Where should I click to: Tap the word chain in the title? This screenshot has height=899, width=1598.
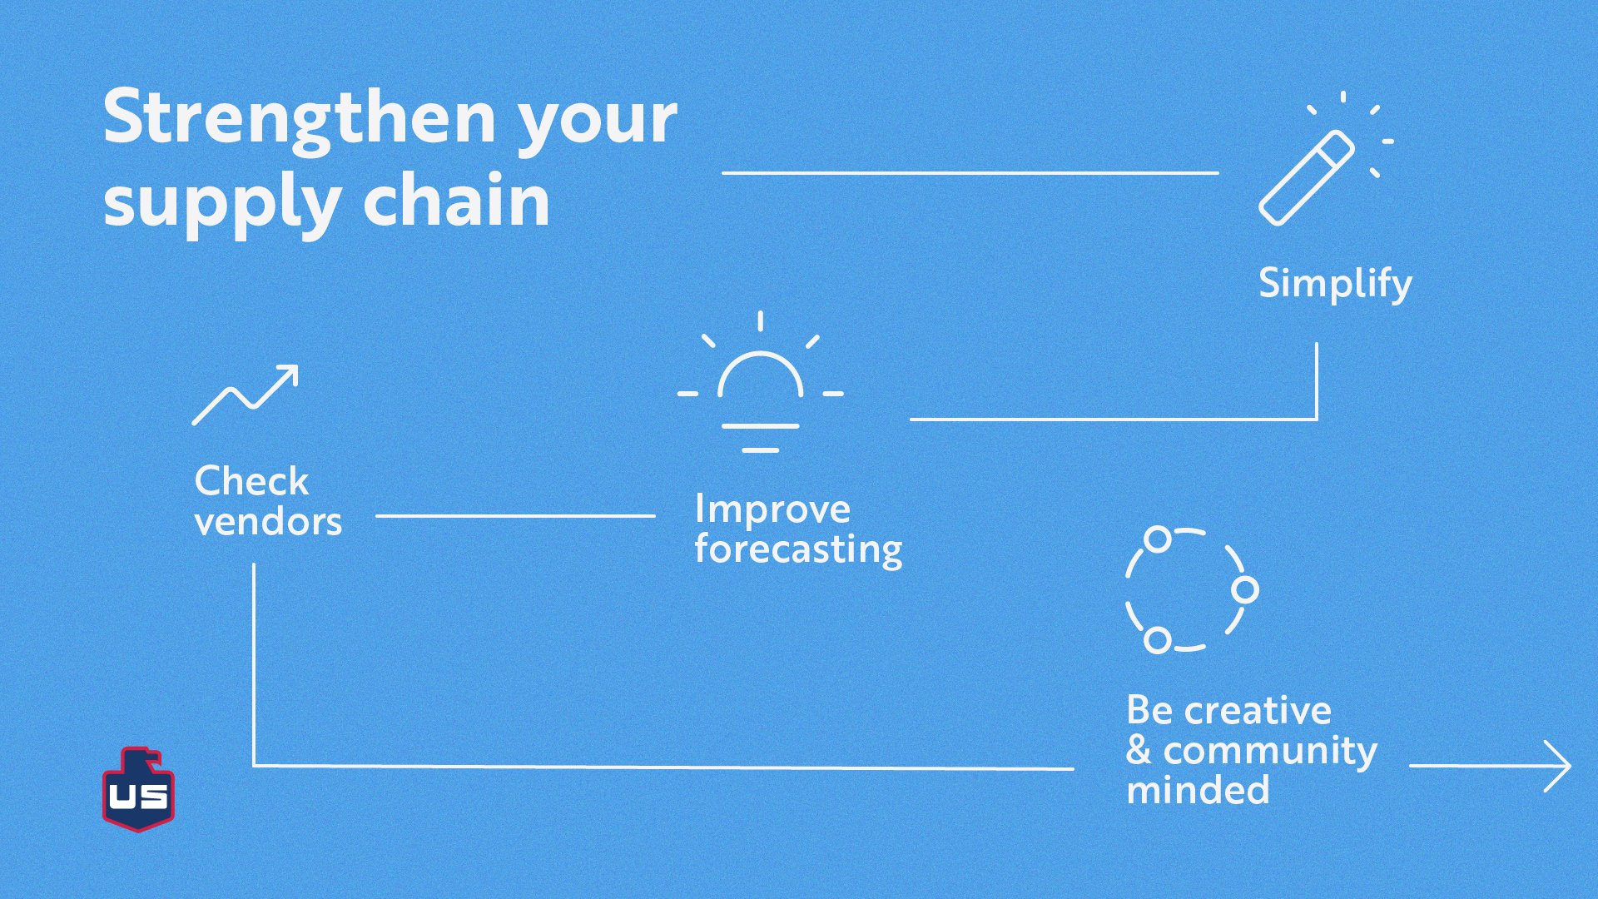pos(456,201)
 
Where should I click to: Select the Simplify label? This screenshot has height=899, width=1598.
pos(1335,285)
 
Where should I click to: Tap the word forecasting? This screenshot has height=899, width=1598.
pos(797,550)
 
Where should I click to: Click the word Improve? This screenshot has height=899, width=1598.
pos(772,509)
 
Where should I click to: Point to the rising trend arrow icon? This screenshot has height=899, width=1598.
pos(246,394)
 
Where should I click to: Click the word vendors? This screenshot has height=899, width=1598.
pos(268,523)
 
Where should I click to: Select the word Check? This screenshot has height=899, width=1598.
pos(251,481)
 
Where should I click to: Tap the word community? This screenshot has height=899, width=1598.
pos(1270,751)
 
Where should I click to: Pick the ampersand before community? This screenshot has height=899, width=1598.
pos(1139,751)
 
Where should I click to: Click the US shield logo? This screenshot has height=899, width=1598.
pos(138,791)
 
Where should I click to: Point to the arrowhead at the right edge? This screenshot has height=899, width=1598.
pos(1558,766)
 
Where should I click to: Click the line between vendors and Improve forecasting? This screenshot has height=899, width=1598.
pos(515,516)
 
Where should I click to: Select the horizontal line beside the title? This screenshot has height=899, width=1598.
pos(970,173)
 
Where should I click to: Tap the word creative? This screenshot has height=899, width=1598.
pos(1258,711)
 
